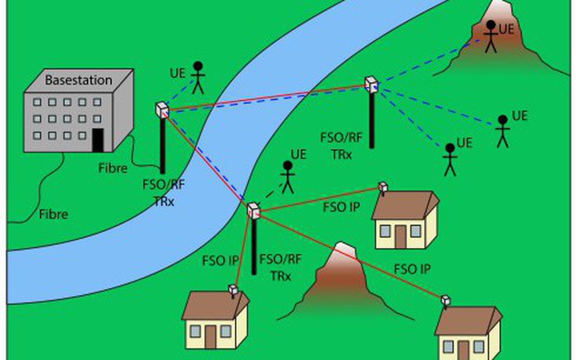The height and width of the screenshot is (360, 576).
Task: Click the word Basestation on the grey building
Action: [78, 80]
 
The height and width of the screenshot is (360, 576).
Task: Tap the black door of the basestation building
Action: [98, 140]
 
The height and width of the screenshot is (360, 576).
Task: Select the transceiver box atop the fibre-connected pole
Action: [162, 109]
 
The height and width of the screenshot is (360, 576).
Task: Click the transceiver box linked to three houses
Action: [253, 210]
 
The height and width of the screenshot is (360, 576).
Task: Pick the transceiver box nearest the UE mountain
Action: [371, 84]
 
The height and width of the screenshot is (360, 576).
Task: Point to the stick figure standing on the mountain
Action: [490, 36]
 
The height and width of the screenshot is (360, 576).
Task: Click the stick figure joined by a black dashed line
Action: [287, 177]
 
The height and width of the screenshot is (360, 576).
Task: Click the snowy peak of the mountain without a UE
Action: [344, 250]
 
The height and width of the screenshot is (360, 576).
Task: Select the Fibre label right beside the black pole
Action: [113, 168]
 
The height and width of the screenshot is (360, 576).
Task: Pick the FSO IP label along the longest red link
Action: [412, 269]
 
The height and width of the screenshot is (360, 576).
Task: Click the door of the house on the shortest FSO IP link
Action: [211, 336]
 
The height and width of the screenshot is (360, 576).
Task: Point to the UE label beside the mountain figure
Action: [506, 29]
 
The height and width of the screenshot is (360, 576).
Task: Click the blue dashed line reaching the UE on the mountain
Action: [427, 62]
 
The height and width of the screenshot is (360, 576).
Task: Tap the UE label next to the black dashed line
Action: [298, 155]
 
